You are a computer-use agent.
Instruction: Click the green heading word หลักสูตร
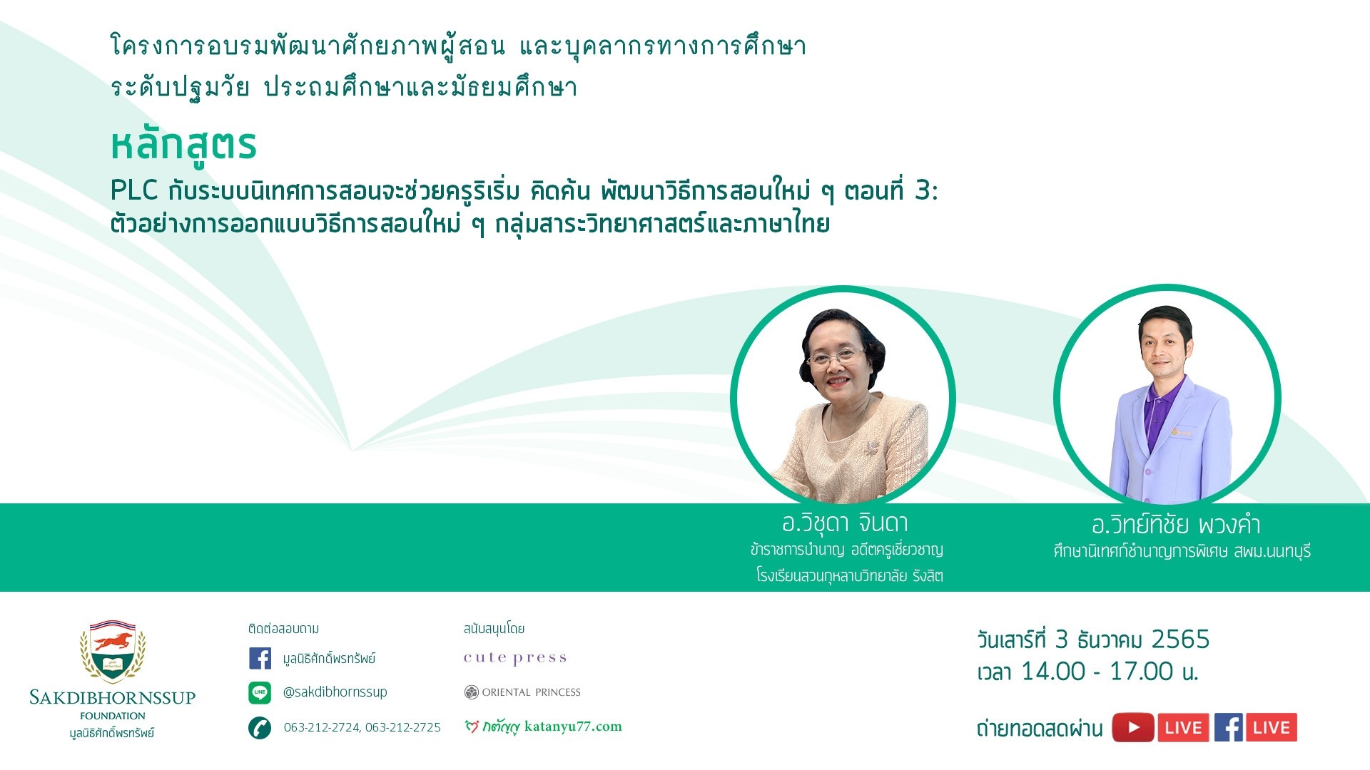[x=183, y=145]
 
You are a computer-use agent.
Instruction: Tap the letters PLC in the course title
[x=134, y=190]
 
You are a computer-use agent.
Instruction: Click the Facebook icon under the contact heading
[x=260, y=658]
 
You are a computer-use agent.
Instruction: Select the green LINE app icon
[x=260, y=692]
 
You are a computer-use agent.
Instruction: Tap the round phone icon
[x=260, y=728]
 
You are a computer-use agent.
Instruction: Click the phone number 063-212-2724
[x=321, y=727]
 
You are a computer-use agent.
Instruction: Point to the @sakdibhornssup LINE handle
[x=335, y=692]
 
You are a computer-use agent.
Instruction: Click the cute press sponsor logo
[x=515, y=658]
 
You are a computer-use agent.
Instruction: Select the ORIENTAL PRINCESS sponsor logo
[x=522, y=692]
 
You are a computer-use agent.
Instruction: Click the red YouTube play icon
[x=1133, y=728]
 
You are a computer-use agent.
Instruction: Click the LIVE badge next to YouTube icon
[x=1184, y=728]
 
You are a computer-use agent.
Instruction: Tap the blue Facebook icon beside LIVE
[x=1229, y=728]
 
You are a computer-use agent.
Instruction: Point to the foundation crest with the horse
[x=113, y=651]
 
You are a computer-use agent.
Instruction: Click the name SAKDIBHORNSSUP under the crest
[x=113, y=697]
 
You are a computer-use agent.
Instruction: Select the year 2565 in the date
[x=1181, y=640]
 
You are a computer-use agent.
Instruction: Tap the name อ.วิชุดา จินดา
[x=846, y=523]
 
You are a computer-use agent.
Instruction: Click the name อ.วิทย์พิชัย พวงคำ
[x=1176, y=525]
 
